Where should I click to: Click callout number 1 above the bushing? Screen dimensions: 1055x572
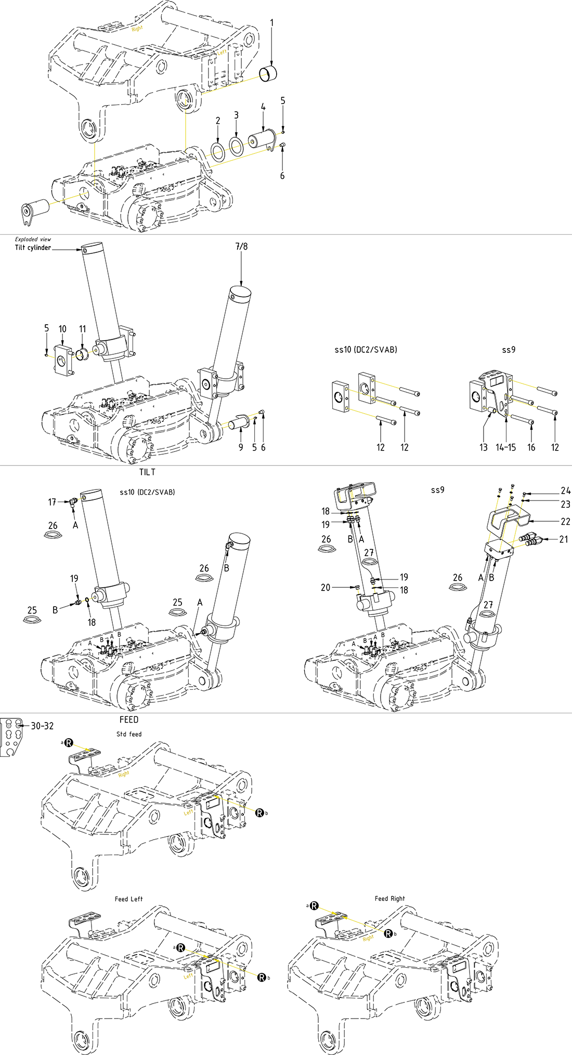[x=271, y=23]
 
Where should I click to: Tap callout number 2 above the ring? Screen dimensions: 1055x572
[x=218, y=121]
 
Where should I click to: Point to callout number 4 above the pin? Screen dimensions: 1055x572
[x=263, y=107]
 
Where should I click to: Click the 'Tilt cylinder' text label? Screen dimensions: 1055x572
[x=33, y=248]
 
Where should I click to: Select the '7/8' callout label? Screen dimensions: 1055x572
[x=241, y=247]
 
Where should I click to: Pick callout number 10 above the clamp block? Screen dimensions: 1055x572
[x=62, y=329]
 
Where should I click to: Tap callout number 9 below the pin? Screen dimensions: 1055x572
[x=241, y=447]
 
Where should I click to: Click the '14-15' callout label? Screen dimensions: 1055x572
[x=505, y=447]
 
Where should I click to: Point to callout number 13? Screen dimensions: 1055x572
[x=484, y=447]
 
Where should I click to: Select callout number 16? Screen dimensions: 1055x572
[x=531, y=447]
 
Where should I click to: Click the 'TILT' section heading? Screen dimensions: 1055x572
[x=147, y=472]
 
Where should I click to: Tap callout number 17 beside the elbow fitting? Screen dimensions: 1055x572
[x=52, y=502]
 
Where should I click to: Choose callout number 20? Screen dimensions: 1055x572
[x=326, y=587]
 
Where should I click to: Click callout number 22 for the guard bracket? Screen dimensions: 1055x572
[x=565, y=521]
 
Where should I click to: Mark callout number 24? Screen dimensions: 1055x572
[x=565, y=491]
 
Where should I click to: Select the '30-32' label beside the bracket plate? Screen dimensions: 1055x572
[x=42, y=726]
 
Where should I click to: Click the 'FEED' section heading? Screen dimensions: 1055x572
[x=129, y=719]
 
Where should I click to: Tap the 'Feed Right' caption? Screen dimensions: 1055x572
[x=389, y=898]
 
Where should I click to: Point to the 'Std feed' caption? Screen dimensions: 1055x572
[x=129, y=734]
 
